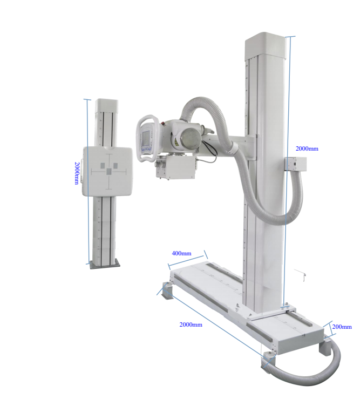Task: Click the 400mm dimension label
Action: pyautogui.click(x=181, y=253)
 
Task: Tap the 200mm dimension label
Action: pyautogui.click(x=342, y=327)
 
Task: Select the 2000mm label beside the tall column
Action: pyautogui.click(x=307, y=148)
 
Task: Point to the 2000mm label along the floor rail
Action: pyautogui.click(x=191, y=324)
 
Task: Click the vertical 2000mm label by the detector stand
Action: pyautogui.click(x=78, y=173)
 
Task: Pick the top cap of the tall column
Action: pyautogui.click(x=264, y=45)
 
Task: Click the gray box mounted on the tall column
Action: pyautogui.click(x=295, y=164)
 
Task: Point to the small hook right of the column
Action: pyautogui.click(x=304, y=275)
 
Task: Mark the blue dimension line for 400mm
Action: pyautogui.click(x=187, y=259)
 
